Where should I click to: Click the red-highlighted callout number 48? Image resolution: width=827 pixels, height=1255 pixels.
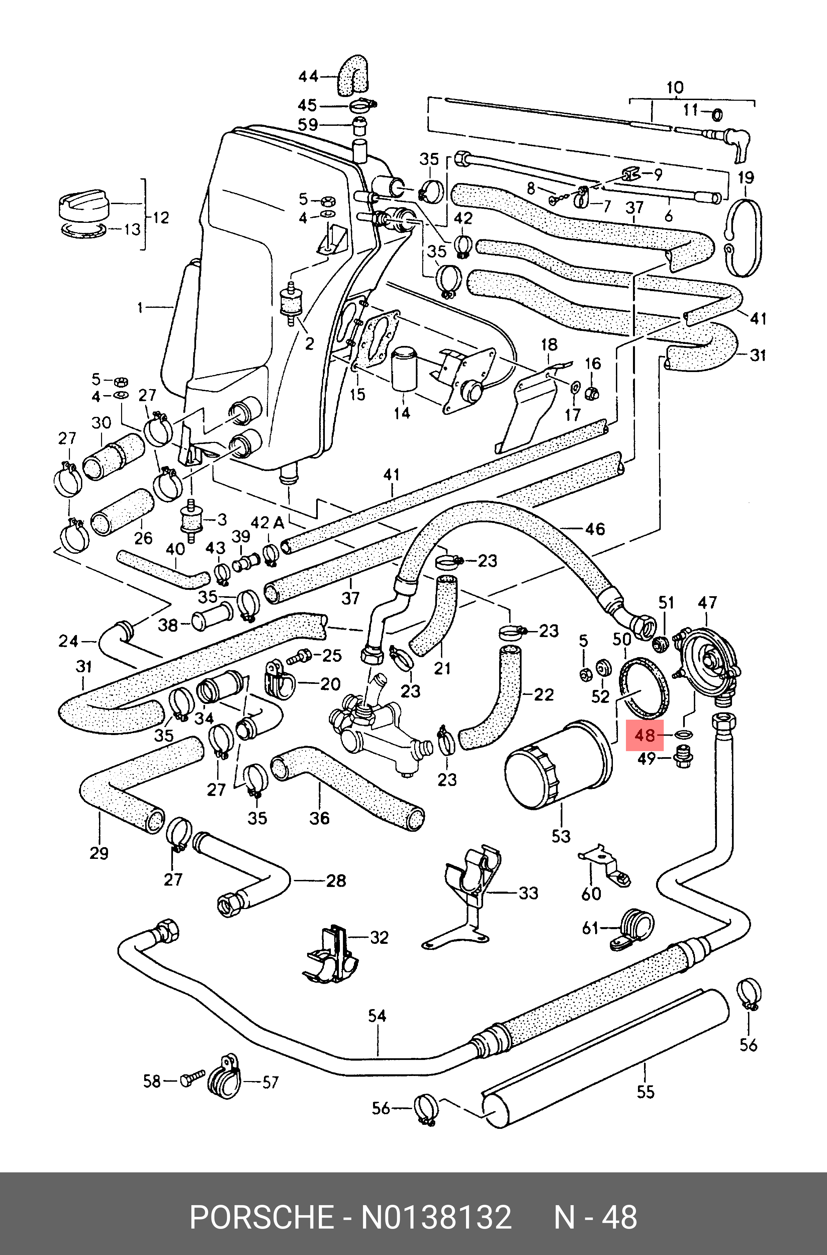pos(644,734)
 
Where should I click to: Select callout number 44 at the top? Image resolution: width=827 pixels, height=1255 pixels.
pos(308,77)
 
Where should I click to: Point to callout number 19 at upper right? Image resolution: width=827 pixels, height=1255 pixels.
pos(745,177)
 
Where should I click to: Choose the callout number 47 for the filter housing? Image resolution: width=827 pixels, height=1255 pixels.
pos(707,603)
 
